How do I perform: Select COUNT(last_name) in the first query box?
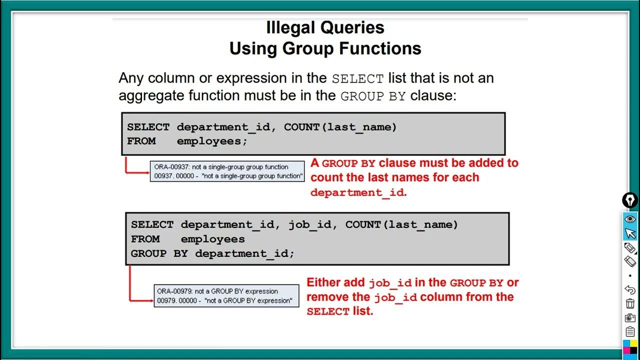340,127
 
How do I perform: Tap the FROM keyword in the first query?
141,141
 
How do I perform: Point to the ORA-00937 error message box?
227,171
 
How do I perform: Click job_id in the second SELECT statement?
310,225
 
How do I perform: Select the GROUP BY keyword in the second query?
159,253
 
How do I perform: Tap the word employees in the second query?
212,239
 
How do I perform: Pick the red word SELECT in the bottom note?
328,311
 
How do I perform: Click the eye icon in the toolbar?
630,219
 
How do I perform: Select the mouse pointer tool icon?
630,233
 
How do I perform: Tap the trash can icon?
630,303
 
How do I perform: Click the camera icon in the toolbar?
630,318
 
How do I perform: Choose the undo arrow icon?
630,289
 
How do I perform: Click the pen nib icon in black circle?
630,200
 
